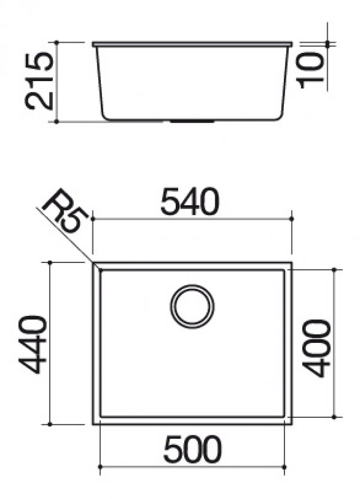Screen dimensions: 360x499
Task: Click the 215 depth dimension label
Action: tap(39, 82)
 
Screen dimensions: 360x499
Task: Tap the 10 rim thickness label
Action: tap(310, 70)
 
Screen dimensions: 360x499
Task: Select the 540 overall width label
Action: tap(190, 202)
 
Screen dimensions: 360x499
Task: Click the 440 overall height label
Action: tap(33, 344)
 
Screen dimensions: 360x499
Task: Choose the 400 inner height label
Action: tap(316, 348)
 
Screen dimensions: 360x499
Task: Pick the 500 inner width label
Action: tap(192, 450)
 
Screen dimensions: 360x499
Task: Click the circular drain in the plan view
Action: tap(192, 306)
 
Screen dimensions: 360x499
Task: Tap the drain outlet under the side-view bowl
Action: tap(192, 121)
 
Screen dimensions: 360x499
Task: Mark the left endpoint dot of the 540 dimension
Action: tap(92, 219)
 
